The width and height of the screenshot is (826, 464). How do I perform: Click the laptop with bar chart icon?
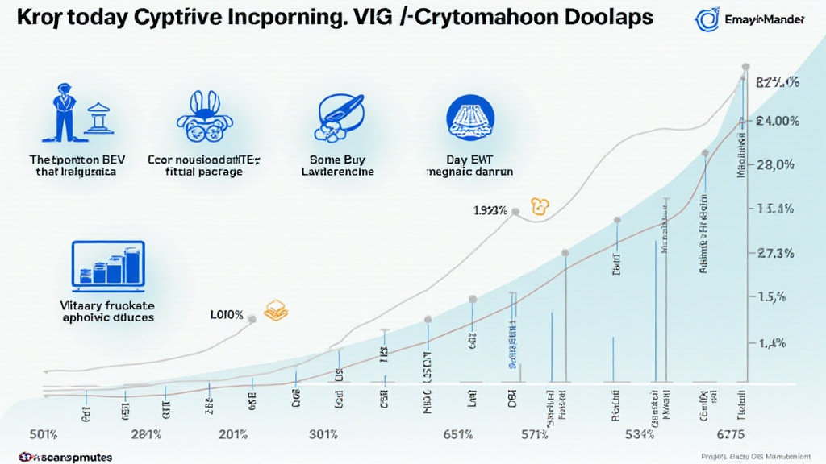108,264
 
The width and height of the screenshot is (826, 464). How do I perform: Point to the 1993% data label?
490,210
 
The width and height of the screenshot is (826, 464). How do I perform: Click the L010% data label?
227,314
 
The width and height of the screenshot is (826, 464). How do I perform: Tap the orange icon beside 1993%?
538,206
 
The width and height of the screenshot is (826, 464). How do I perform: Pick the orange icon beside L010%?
277,311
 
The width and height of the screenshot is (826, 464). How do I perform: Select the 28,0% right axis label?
777,165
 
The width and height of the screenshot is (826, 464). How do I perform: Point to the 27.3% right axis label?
777,253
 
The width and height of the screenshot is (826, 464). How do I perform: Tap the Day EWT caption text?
469,159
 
